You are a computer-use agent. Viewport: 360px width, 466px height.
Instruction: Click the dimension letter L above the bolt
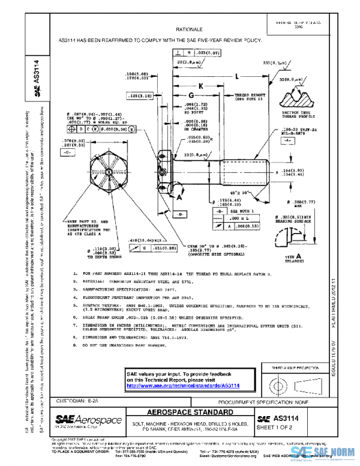238,76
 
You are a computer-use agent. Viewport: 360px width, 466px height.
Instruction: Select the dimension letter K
202,86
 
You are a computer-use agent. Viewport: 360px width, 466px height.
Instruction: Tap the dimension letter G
190,95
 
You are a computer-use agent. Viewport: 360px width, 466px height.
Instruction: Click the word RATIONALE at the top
189,28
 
